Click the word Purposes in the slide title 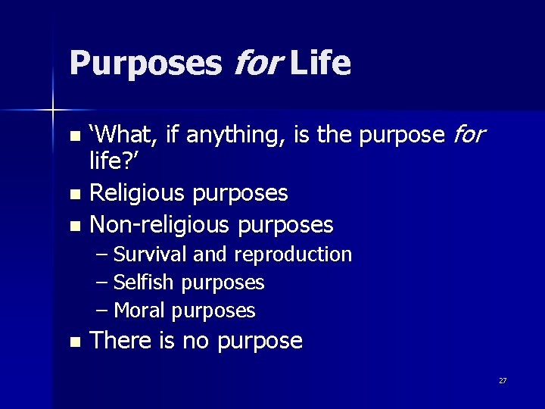(x=145, y=64)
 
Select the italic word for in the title (x=256, y=64)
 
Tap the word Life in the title (x=320, y=64)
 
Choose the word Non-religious (x=160, y=225)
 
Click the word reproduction (x=293, y=255)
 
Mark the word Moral (x=139, y=311)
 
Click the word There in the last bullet (x=121, y=341)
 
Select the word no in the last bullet (x=195, y=342)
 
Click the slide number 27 (x=503, y=381)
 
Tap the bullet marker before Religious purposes (x=73, y=195)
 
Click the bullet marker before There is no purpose (x=73, y=342)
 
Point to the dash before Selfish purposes (x=102, y=283)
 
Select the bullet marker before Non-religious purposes (x=73, y=226)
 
